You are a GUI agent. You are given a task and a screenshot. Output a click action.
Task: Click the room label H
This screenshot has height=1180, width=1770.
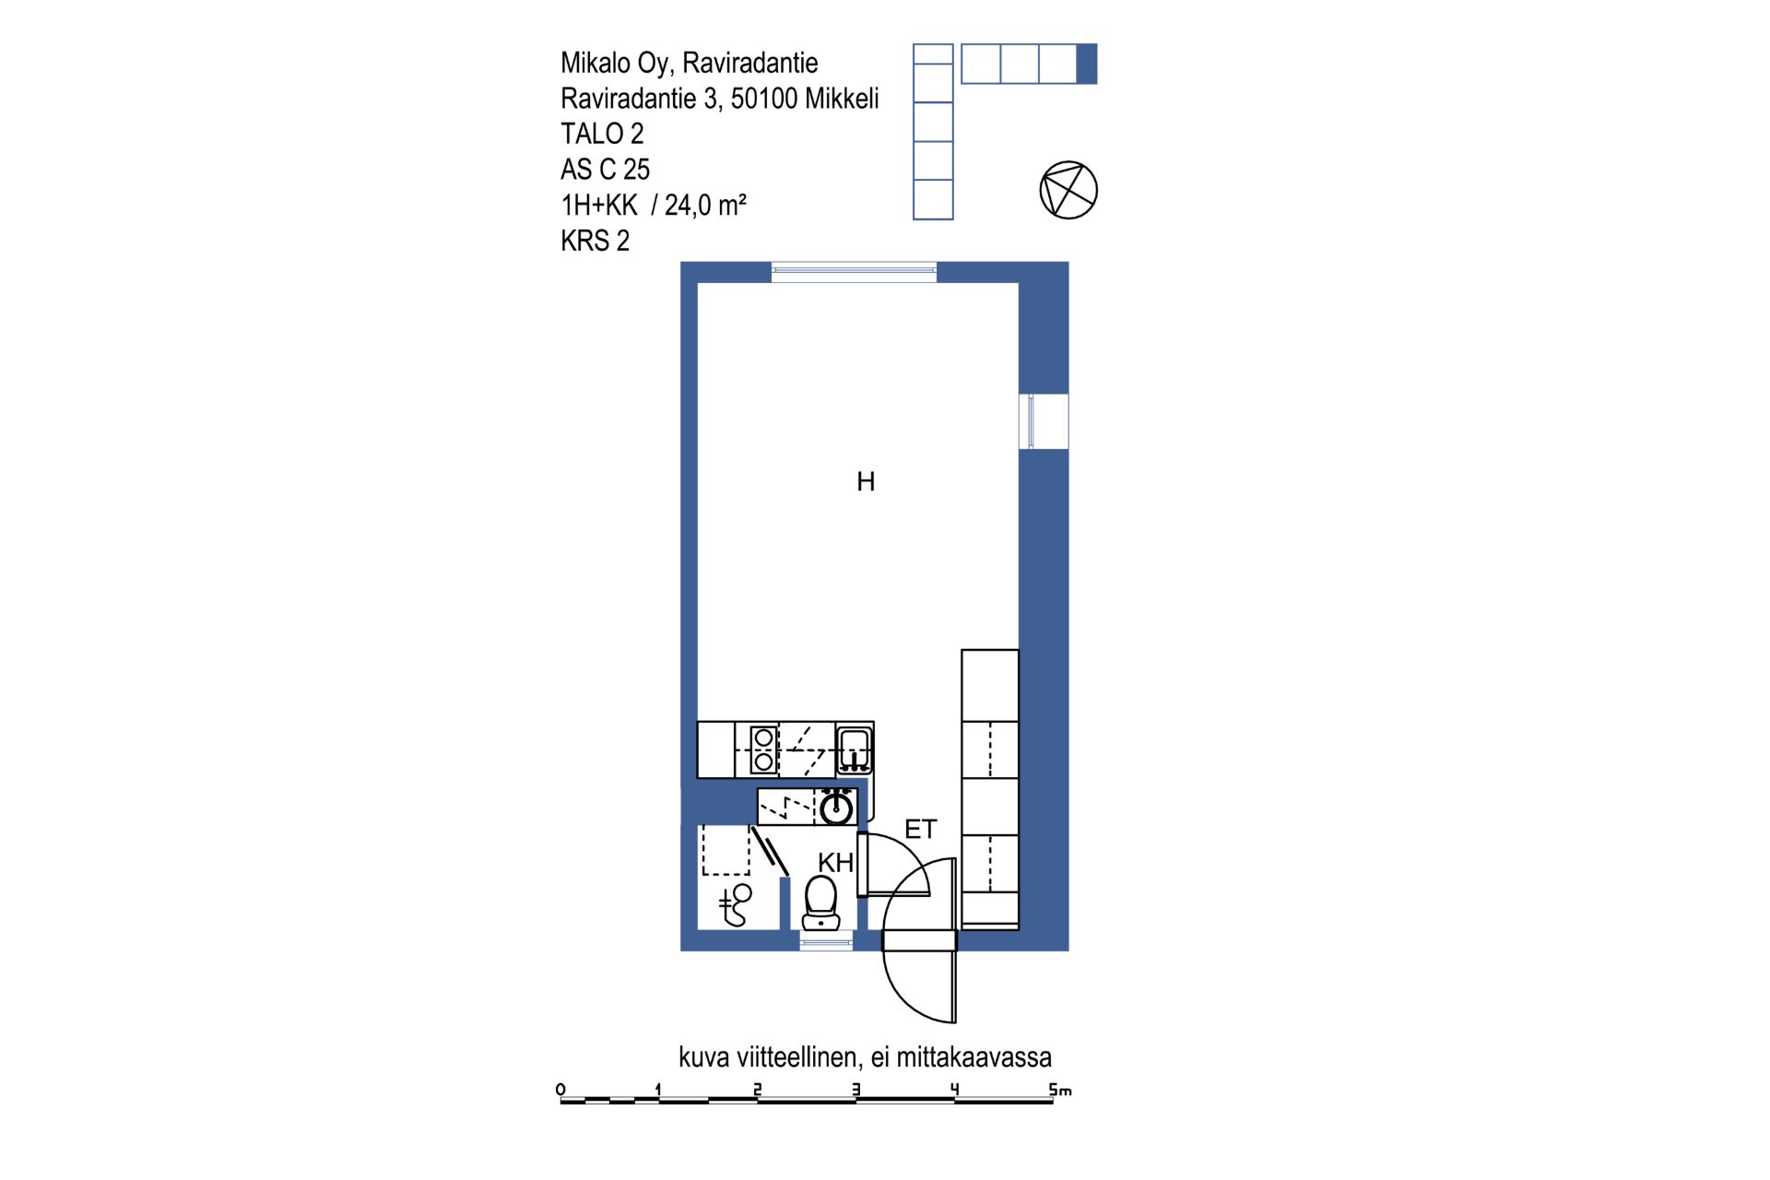[x=865, y=481]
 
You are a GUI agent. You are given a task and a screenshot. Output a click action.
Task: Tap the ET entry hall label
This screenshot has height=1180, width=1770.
[x=920, y=830]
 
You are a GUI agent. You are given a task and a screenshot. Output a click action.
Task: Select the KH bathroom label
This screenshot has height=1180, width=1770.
[x=835, y=863]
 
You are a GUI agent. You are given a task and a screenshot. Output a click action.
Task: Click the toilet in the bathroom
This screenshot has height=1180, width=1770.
[x=820, y=903]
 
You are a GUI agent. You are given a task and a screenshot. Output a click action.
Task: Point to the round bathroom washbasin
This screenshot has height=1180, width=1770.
[x=836, y=808]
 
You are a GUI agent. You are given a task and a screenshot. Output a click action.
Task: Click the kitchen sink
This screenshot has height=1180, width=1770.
[x=855, y=749]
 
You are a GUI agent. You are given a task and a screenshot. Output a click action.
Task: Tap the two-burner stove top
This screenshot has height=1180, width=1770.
[x=763, y=749]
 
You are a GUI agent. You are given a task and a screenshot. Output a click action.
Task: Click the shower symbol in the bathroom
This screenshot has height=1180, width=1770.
[x=735, y=905]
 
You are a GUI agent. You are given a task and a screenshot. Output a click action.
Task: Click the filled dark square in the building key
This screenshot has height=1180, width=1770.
[x=1087, y=64]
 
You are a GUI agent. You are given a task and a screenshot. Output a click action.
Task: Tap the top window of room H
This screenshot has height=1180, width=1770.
[x=854, y=271]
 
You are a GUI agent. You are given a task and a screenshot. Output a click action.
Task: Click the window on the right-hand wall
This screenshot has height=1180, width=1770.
[x=1044, y=421]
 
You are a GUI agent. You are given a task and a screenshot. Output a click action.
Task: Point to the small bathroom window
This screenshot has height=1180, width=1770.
[x=826, y=941]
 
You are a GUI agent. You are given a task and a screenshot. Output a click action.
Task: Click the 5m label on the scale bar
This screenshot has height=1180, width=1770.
[x=1060, y=1090]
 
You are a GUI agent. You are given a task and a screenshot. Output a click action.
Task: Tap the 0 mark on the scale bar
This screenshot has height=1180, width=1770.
[x=560, y=1090]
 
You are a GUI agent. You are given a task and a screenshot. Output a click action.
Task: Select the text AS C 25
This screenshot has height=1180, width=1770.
[x=605, y=170]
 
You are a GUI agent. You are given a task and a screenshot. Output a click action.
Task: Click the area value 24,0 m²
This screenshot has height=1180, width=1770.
[x=705, y=205]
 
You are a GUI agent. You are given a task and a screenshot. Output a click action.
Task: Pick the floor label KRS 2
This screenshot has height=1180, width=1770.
[x=595, y=241]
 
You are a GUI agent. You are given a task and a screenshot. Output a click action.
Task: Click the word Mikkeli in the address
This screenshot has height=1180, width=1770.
[x=842, y=98]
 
